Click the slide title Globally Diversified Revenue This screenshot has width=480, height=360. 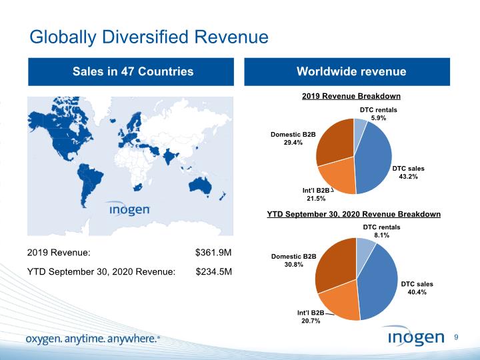tap(149, 37)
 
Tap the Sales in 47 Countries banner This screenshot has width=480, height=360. tap(133, 72)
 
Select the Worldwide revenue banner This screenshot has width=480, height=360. tap(351, 72)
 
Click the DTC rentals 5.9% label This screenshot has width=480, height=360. tap(378, 113)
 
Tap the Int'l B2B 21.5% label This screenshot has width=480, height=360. tap(314, 195)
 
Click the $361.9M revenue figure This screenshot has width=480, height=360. tap(213, 253)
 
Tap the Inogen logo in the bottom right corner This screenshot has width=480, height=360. tap(415, 337)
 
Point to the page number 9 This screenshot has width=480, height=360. tap(457, 337)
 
